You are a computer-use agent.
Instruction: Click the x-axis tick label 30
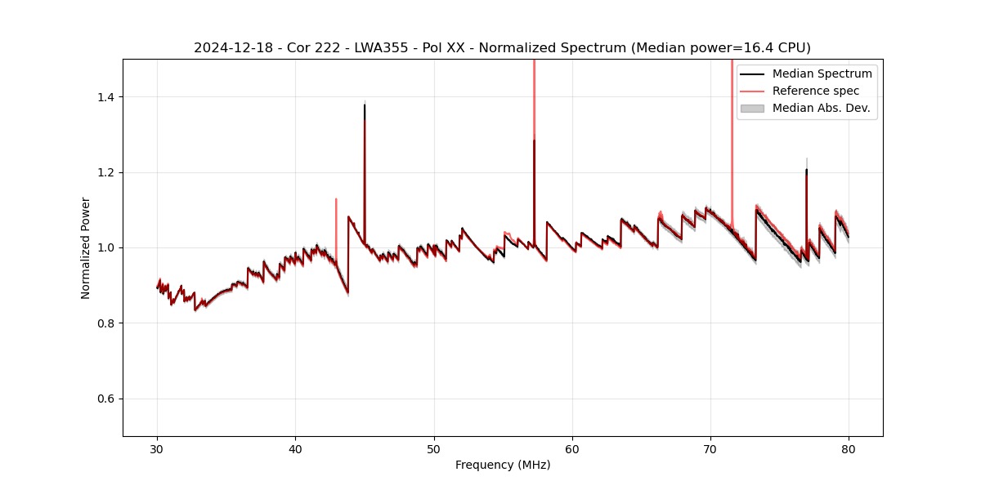pos(158,449)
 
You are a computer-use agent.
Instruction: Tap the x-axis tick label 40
pos(296,449)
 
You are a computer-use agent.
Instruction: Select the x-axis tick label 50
pos(434,449)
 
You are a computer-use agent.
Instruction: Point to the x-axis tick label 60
pos(572,449)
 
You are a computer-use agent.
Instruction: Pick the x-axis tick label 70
pos(710,449)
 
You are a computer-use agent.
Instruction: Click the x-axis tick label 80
pos(849,449)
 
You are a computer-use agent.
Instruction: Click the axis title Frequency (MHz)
pos(503,465)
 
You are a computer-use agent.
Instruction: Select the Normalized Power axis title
pos(86,247)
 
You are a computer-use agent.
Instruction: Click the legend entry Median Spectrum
pos(822,73)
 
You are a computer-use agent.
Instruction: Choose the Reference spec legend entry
pos(816,91)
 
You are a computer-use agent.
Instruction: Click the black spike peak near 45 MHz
pos(365,105)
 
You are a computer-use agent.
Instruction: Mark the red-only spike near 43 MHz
pos(336,199)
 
